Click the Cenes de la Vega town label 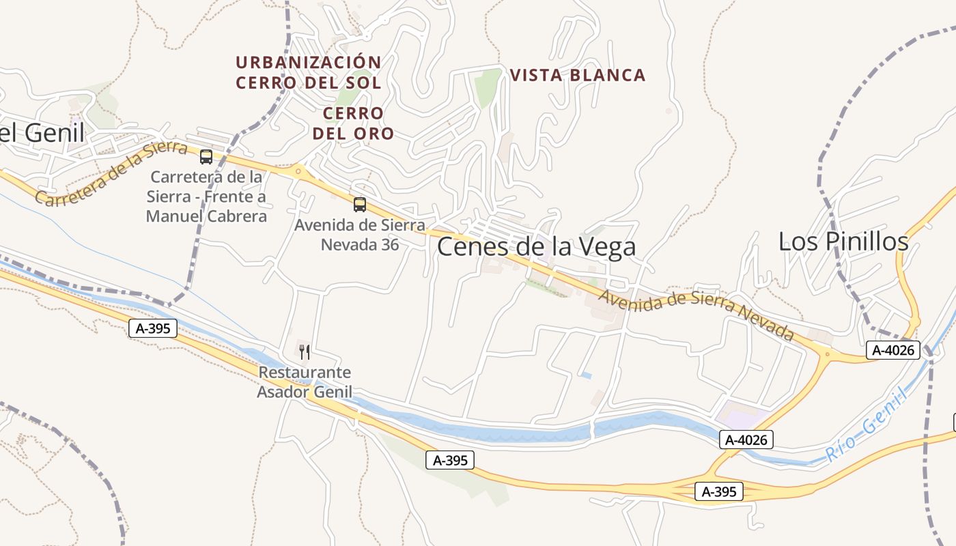click(x=536, y=246)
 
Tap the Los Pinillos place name click(x=843, y=241)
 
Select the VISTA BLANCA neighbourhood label click(x=578, y=75)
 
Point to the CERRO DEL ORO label click(x=353, y=124)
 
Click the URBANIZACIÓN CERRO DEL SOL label click(x=308, y=72)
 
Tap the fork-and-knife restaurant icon click(x=305, y=352)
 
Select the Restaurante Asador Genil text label click(x=305, y=382)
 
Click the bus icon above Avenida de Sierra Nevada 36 click(x=360, y=204)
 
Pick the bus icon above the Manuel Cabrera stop click(x=206, y=157)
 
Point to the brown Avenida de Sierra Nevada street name click(x=696, y=315)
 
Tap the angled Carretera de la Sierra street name click(x=111, y=174)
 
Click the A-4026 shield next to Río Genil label click(x=746, y=440)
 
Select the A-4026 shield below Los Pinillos click(x=893, y=350)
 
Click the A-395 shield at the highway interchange click(x=718, y=491)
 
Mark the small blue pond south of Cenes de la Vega click(x=586, y=375)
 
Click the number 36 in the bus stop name click(x=389, y=244)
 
